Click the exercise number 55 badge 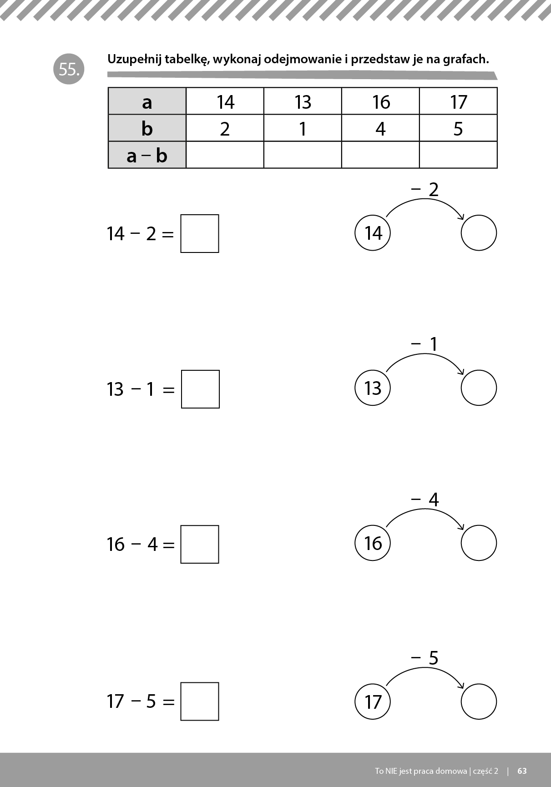pyautogui.click(x=69, y=70)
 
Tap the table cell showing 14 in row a pyautogui.click(x=225, y=101)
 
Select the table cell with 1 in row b pyautogui.click(x=303, y=128)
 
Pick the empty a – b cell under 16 pyautogui.click(x=380, y=155)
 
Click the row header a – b pyautogui.click(x=147, y=155)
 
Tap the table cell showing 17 pyautogui.click(x=458, y=101)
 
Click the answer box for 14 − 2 pyautogui.click(x=200, y=233)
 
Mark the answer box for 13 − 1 pyautogui.click(x=200, y=389)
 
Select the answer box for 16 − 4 pyautogui.click(x=200, y=545)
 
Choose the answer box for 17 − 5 pyautogui.click(x=200, y=701)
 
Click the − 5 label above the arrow pyautogui.click(x=425, y=658)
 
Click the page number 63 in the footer pyautogui.click(x=522, y=771)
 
